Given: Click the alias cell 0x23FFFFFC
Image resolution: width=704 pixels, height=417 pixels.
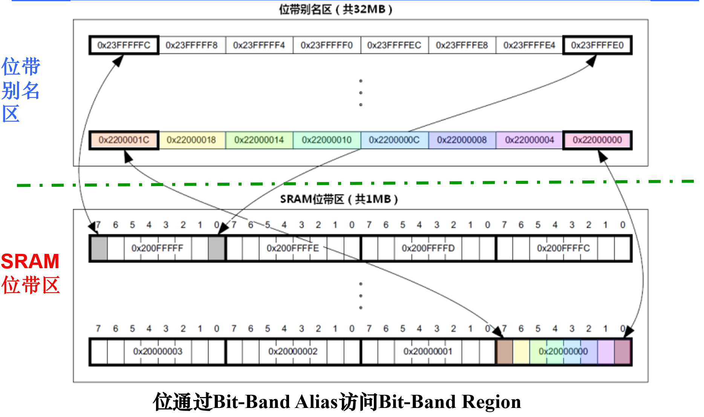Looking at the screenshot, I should click(x=124, y=45).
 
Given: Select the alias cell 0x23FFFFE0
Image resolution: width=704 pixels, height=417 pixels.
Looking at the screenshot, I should click(x=597, y=45).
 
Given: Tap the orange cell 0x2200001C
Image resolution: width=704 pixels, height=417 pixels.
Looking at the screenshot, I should click(x=124, y=140).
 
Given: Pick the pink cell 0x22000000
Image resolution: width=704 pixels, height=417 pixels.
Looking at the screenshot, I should click(x=597, y=140).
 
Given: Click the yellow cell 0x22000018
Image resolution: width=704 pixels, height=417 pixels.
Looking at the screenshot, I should click(x=191, y=140).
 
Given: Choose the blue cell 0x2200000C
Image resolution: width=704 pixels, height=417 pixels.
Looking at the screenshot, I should click(x=394, y=140).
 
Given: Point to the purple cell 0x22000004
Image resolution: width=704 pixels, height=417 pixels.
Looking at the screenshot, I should click(x=529, y=140).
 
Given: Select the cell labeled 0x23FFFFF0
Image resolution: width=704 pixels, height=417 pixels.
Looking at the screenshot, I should click(x=326, y=45).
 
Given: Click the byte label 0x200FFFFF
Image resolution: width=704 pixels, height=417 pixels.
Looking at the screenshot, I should click(x=157, y=248).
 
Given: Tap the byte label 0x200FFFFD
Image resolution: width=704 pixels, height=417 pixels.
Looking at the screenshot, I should click(x=428, y=248).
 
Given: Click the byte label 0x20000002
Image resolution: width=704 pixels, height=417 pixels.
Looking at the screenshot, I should click(x=292, y=351).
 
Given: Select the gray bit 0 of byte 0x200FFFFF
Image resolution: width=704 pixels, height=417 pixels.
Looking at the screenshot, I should click(x=217, y=248).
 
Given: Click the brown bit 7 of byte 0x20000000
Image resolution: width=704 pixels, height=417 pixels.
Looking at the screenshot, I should click(x=505, y=351).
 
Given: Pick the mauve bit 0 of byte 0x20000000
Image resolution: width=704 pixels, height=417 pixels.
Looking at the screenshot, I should click(x=622, y=351).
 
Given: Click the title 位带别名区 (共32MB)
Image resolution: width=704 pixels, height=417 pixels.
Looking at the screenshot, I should click(x=335, y=9).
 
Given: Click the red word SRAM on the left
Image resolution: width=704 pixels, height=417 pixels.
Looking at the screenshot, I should click(x=30, y=261).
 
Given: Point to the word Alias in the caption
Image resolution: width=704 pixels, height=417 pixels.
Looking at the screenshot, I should click(x=316, y=402).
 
